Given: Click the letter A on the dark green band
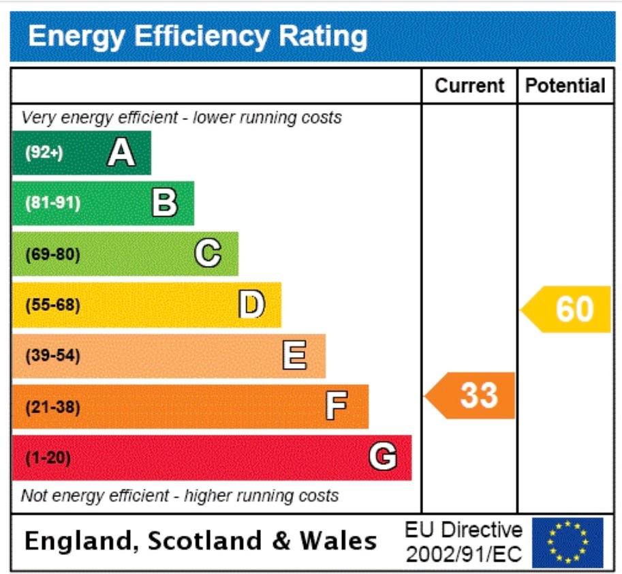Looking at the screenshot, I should tap(121, 153).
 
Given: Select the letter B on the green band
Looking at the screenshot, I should tap(164, 203).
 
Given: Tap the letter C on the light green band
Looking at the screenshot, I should tap(208, 254).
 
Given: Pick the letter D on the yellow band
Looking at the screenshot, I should tap(251, 305).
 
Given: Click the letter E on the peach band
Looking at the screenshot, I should tap(294, 356).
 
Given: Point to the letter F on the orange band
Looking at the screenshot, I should tap(336, 407).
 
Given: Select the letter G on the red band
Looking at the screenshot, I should tap(383, 457).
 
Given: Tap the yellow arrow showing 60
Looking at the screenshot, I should tap(567, 309).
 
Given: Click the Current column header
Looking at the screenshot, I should tap(469, 86).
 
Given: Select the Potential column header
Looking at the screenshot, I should tap(565, 86).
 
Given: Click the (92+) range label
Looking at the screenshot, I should tap(44, 153).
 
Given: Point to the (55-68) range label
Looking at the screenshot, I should tap(52, 305).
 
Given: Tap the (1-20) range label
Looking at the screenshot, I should tap(48, 458).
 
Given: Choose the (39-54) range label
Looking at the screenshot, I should tap(52, 356).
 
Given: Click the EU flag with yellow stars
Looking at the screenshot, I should tap(567, 543).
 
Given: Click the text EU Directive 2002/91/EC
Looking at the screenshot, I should tap(463, 543).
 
